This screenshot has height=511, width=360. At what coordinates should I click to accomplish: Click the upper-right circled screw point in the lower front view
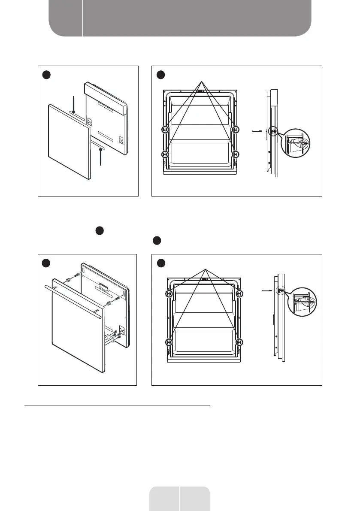(x=239, y=294)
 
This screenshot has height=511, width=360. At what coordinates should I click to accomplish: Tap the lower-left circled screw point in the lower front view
(x=169, y=342)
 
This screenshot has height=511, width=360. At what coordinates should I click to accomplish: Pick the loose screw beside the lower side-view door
(x=266, y=291)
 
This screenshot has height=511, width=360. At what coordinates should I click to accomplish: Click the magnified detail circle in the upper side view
(x=296, y=145)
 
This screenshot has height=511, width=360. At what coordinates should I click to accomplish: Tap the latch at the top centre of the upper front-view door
(x=200, y=91)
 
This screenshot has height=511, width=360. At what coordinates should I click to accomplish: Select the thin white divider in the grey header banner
(x=82, y=18)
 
